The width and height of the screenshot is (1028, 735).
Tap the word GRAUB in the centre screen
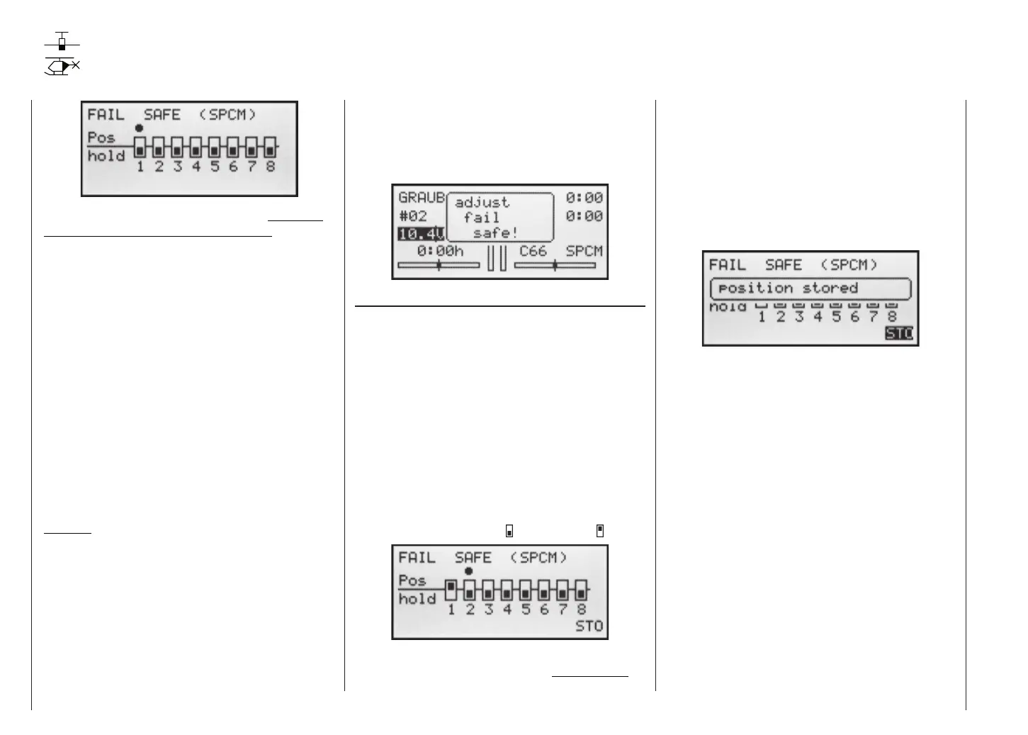pyautogui.click(x=421, y=198)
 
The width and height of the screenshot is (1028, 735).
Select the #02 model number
pyautogui.click(x=412, y=215)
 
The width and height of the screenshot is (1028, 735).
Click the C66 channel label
pyautogui.click(x=533, y=251)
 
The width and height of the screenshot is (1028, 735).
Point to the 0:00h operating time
pyautogui.click(x=439, y=251)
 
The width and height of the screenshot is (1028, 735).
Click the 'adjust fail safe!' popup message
pyautogui.click(x=499, y=218)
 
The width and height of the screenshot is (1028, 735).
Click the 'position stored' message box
pyautogui.click(x=810, y=288)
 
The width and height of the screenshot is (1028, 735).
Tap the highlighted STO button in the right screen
pyautogui.click(x=899, y=333)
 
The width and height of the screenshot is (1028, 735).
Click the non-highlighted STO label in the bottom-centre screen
pyautogui.click(x=589, y=627)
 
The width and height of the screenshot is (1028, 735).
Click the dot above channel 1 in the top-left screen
pyautogui.click(x=140, y=128)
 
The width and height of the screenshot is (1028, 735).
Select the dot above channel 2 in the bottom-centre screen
pyautogui.click(x=468, y=571)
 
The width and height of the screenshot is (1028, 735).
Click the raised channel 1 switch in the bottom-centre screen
pyautogui.click(x=451, y=589)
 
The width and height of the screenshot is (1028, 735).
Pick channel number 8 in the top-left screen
pyautogui.click(x=270, y=167)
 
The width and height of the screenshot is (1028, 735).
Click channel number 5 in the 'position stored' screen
pyautogui.click(x=836, y=318)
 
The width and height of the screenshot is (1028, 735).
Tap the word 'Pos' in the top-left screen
pyautogui.click(x=101, y=138)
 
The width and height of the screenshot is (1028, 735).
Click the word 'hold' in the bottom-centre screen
pyautogui.click(x=417, y=599)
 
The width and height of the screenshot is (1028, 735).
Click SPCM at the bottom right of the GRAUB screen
pyautogui.click(x=584, y=251)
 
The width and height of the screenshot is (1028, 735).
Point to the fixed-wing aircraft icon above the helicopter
pyautogui.click(x=62, y=41)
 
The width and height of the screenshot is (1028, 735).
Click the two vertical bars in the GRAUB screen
pyautogui.click(x=497, y=258)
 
